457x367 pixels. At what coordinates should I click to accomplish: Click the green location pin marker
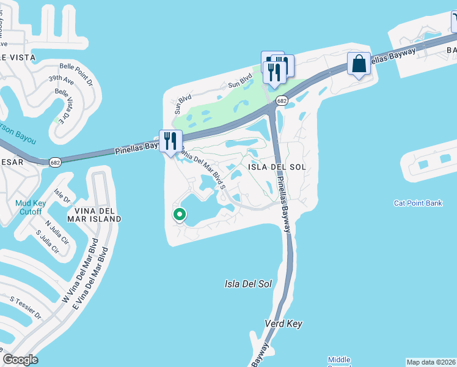180,214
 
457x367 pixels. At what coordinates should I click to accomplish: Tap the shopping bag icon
359,64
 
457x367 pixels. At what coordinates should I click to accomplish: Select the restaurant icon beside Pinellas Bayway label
170,141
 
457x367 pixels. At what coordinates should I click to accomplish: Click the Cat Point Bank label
418,203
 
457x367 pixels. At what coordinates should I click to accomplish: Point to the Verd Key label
283,324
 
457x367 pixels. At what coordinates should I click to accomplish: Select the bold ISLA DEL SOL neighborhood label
276,167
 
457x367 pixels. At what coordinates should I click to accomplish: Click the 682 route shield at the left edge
55,161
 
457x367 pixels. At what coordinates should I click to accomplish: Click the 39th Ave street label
61,80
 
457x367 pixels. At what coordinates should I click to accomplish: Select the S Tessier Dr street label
26,307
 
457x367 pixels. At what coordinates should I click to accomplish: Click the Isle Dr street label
62,196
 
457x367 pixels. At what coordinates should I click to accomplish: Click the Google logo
20,360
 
